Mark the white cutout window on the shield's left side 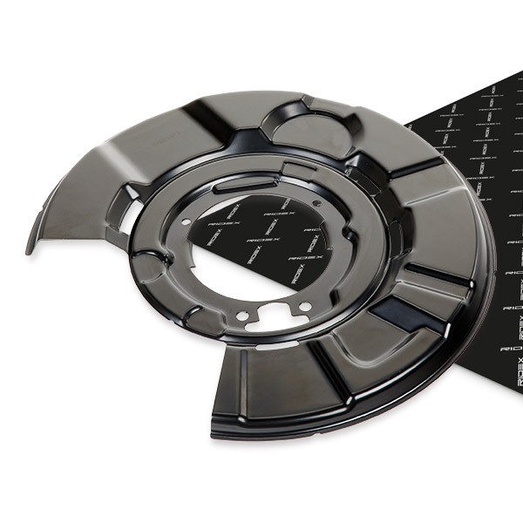[x=128, y=218]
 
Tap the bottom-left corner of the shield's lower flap [x=214, y=429]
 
